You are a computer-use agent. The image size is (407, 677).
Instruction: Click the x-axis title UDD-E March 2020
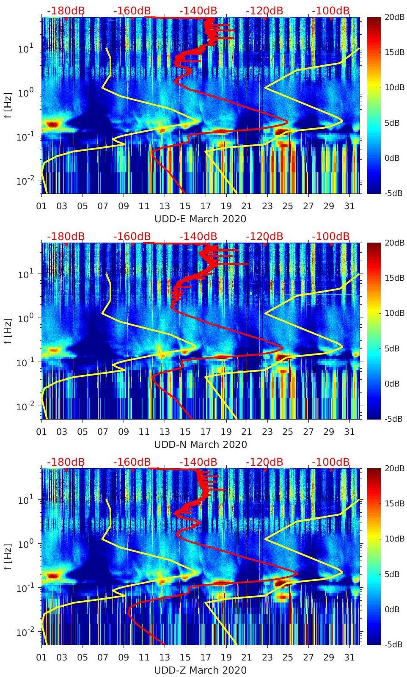point(200,219)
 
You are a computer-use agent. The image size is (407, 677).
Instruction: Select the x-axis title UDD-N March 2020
point(200,445)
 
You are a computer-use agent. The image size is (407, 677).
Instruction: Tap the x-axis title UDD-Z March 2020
point(200,670)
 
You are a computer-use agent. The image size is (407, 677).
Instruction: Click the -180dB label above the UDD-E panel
point(66,11)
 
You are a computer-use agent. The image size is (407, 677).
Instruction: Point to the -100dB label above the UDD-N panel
point(331,236)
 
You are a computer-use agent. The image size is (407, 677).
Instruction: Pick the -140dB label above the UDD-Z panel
point(198,462)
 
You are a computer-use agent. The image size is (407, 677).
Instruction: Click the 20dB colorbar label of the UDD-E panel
point(393,17)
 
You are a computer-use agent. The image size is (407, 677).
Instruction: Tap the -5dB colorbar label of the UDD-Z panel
point(393,645)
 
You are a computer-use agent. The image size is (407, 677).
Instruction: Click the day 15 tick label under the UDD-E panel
point(185,206)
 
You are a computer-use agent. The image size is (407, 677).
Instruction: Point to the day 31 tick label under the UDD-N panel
point(349,432)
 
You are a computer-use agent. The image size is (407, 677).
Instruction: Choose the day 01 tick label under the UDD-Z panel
point(41,658)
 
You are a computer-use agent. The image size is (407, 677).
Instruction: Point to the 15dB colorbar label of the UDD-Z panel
point(393,503)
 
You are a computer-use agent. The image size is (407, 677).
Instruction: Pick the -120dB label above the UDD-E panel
point(264,11)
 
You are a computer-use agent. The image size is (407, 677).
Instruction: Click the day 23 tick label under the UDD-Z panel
point(267,658)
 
